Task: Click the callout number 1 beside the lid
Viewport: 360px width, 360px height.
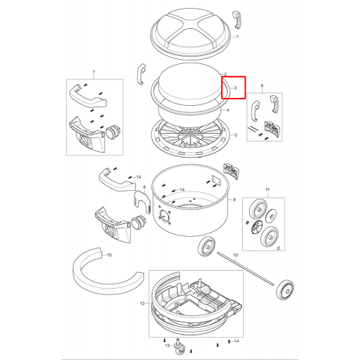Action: click(237, 37)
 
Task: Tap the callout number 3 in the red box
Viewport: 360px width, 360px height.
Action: click(235, 88)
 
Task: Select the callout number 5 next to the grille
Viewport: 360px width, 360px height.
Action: click(235, 135)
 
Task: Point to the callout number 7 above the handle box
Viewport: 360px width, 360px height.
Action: click(94, 72)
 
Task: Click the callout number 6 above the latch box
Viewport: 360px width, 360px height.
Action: click(262, 86)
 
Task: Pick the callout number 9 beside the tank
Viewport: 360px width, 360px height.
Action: click(234, 199)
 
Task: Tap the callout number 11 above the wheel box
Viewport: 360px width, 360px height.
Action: click(268, 189)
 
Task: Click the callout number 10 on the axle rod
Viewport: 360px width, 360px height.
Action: click(235, 255)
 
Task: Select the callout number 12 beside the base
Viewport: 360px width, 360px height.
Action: click(143, 304)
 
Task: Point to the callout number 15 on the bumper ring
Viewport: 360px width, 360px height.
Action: click(109, 255)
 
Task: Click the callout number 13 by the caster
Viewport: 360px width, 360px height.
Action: click(167, 346)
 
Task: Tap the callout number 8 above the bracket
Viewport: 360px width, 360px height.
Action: click(144, 187)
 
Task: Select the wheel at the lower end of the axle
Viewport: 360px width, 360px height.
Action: click(285, 289)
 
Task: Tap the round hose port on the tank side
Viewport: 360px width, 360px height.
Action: click(164, 216)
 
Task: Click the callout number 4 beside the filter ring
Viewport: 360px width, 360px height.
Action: click(228, 110)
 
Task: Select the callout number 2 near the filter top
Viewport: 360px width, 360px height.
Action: click(225, 74)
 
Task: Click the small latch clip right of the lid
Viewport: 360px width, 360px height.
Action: click(236, 20)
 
